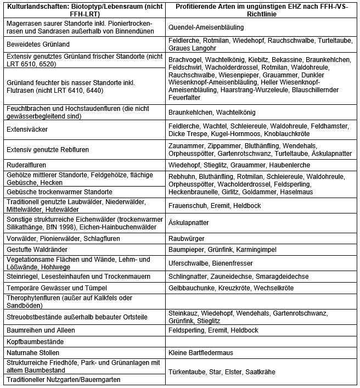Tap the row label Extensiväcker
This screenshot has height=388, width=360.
(26, 130)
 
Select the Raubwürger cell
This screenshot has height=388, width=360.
(187, 239)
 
